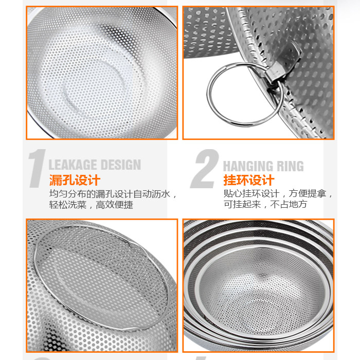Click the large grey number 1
point(37,168)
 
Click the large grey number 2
point(205,169)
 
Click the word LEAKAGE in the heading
point(73,165)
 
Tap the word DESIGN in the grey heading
point(121,165)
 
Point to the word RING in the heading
point(291,166)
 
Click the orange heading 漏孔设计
point(75,180)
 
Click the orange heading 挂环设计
point(249,180)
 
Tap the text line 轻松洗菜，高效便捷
point(91,205)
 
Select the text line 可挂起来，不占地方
point(265,204)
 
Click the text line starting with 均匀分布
point(113,194)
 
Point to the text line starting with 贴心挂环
point(278,193)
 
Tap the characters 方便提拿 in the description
point(307,193)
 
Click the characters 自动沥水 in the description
point(152,194)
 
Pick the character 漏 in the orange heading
point(56,180)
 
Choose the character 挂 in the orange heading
point(230,180)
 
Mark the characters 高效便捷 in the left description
point(114,205)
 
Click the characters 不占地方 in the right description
point(289,204)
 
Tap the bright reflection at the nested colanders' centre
point(262,275)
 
